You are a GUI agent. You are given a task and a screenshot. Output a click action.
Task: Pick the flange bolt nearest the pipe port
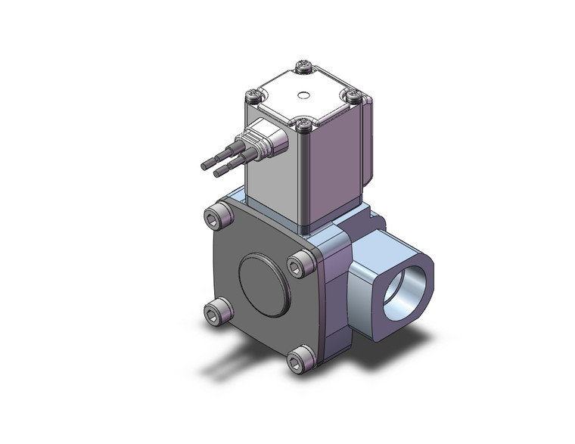301,264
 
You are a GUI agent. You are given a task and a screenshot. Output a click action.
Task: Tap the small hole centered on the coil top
304,96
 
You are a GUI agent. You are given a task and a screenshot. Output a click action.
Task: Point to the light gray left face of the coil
272,182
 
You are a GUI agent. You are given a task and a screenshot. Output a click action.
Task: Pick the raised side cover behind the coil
368,144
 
